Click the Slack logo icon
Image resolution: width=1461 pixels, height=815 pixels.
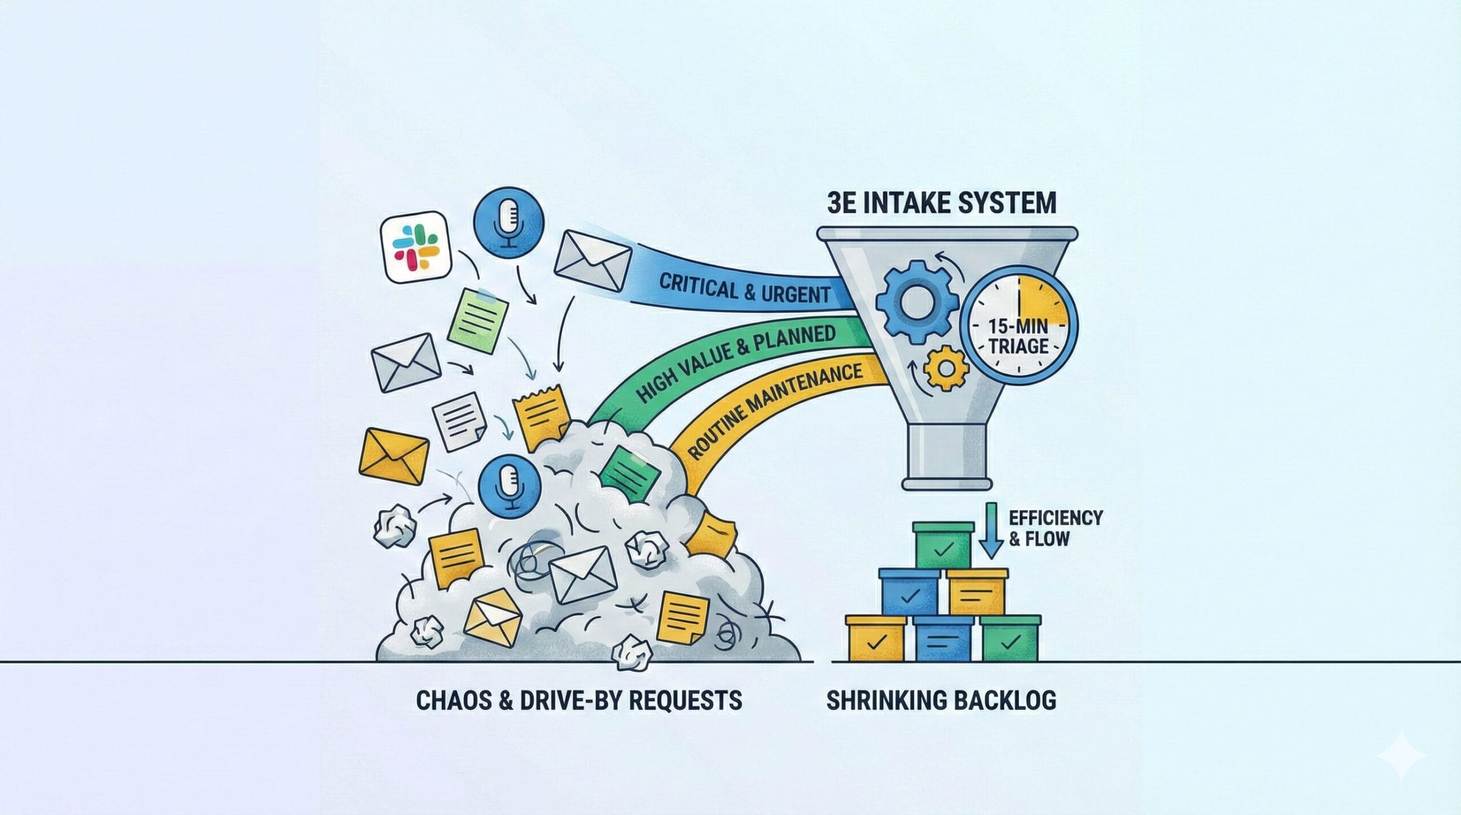(415, 246)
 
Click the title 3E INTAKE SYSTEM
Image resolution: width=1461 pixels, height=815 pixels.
(941, 202)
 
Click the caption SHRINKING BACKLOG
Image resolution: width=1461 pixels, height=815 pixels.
(941, 700)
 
